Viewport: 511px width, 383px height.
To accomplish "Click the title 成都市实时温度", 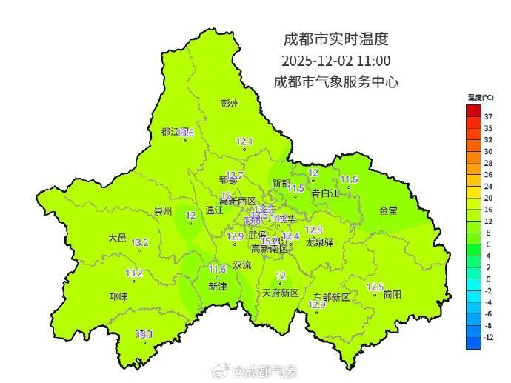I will [335, 39].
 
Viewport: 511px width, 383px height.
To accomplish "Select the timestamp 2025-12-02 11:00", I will [335, 60].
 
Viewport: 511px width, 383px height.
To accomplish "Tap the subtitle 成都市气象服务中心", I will [335, 81].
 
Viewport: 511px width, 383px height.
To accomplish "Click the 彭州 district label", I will [230, 104].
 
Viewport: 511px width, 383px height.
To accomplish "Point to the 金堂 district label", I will [388, 210].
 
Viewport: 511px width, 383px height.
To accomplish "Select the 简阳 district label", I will [393, 294].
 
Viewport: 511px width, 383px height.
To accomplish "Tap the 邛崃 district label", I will [118, 296].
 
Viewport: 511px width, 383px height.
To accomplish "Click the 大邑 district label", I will [117, 238].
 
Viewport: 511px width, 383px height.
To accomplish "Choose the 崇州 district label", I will [162, 212].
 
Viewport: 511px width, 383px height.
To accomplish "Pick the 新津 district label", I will [217, 286].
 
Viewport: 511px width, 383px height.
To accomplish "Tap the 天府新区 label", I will [281, 293].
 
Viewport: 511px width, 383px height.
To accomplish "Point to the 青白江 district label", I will [324, 193].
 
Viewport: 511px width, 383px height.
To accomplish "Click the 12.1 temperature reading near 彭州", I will [244, 141].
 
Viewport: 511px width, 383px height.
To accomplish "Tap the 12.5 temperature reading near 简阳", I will [375, 287].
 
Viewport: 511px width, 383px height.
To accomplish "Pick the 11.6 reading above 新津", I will [217, 269].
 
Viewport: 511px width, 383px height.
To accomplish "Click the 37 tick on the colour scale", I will [488, 116].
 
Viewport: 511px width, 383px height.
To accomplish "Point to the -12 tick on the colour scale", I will [488, 337].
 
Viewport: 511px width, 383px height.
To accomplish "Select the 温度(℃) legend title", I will [481, 97].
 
